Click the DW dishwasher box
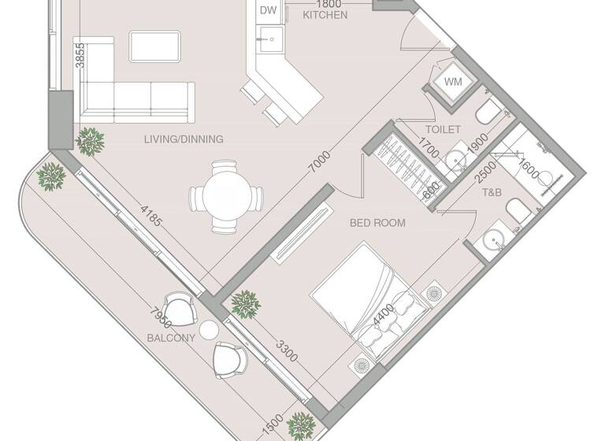pyautogui.click(x=269, y=10)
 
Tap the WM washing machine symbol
pyautogui.click(x=453, y=82)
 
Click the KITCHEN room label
pyautogui.click(x=325, y=15)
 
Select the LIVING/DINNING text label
pyautogui.click(x=184, y=139)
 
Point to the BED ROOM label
pyautogui.click(x=377, y=223)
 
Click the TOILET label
pyautogui.click(x=442, y=129)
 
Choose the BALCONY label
pyautogui.click(x=171, y=338)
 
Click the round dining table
pyautogui.click(x=225, y=197)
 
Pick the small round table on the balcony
pyautogui.click(x=209, y=328)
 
